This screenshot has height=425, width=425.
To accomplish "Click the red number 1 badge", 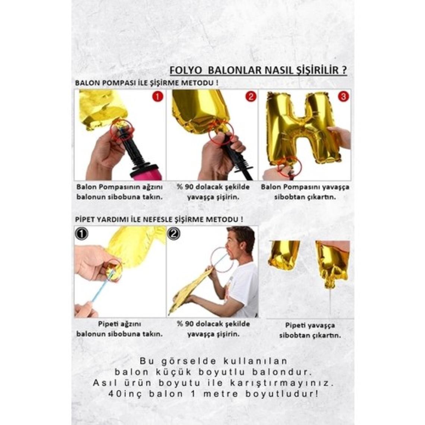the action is coord(158,97).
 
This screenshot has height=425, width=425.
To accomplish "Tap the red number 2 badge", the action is coord(251,97).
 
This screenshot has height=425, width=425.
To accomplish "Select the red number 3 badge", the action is coord(343,97).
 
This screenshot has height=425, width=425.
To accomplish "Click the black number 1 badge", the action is coord(81,234).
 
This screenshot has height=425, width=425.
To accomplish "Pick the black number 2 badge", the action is coord(174,234).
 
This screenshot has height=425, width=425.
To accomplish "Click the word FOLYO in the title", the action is coord(186,70).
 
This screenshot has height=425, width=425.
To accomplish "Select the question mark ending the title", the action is coord(344,70).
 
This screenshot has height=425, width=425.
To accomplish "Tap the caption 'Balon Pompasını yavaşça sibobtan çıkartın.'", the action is coord(305,192).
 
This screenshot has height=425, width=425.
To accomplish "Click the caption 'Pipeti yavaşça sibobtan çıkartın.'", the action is coord(310,330).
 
